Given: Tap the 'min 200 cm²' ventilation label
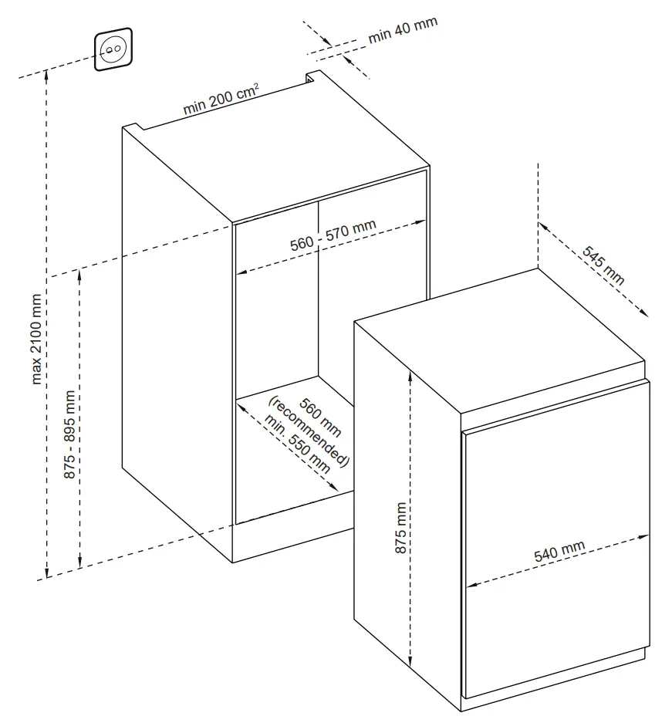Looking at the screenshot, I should click(220, 101).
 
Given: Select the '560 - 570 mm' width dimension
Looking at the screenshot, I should click(333, 235).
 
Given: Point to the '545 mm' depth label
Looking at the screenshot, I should click(603, 265).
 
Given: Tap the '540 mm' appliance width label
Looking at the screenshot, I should click(559, 552).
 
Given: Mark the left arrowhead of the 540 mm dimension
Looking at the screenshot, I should click(468, 586).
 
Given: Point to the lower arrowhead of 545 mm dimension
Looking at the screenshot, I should click(645, 313).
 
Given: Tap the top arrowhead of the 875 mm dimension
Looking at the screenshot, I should click(410, 368).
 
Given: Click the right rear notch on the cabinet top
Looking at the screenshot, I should click(312, 76).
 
